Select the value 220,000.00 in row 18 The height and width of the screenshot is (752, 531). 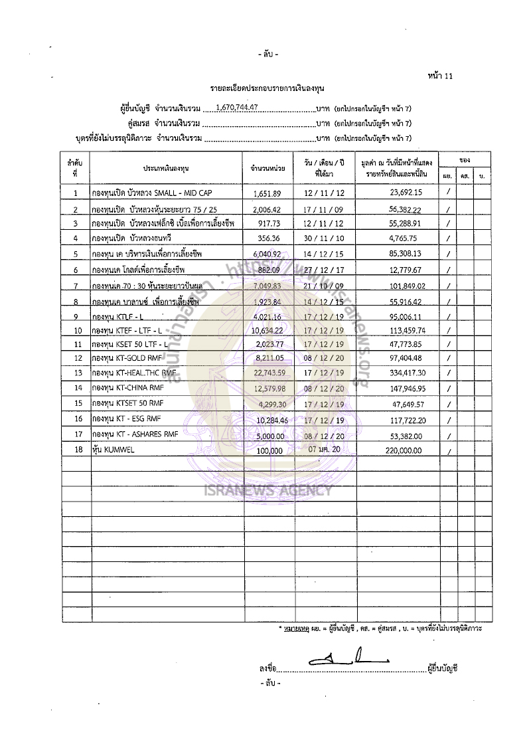[x=403, y=450]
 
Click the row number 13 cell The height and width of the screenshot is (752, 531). [x=77, y=373]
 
